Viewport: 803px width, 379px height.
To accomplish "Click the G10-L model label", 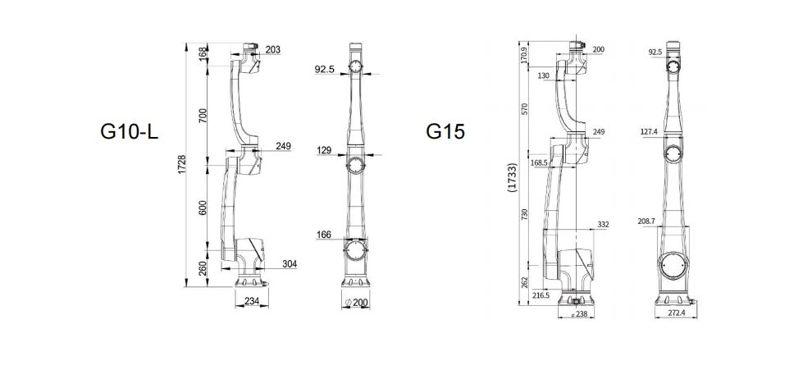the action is point(129,131).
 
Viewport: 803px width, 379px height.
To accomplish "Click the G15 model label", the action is point(445,131).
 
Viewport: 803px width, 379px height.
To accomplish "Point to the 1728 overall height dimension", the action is point(182,164).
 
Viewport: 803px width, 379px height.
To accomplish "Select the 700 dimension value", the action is point(203,115).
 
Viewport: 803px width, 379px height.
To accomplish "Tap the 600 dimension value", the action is point(203,207).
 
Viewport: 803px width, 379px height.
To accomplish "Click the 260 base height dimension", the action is point(203,268).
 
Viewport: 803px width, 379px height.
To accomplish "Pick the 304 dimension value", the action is point(289,264).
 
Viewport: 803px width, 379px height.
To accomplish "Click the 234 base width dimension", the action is point(252,301).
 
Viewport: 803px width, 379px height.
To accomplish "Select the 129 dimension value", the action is point(324,151).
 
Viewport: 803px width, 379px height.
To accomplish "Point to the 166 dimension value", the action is point(324,235).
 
